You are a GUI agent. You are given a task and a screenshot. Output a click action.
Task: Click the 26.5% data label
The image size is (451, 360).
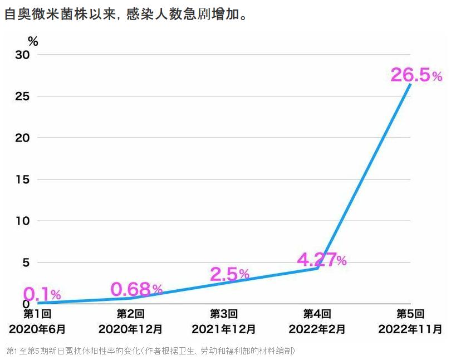(416, 75)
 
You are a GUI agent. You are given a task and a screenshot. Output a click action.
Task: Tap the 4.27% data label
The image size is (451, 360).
(321, 260)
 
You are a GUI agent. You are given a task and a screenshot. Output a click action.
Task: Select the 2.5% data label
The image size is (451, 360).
(229, 274)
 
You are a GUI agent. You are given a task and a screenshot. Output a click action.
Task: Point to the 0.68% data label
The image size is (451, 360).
(136, 289)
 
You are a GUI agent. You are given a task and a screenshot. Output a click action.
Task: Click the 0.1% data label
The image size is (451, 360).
(42, 294)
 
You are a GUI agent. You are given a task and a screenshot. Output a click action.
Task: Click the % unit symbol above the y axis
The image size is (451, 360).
(33, 41)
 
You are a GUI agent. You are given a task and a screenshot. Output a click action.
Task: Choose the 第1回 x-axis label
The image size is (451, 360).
(37, 314)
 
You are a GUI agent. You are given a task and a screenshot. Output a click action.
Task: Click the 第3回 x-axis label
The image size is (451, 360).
(224, 314)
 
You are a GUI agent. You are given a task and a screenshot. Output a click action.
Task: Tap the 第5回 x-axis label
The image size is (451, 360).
(410, 314)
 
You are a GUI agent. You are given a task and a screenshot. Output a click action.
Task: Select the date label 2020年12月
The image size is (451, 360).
(130, 329)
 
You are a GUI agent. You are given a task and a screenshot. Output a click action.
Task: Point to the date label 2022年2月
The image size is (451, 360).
(317, 329)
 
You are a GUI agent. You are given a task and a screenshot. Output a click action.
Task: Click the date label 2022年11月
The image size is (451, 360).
(410, 329)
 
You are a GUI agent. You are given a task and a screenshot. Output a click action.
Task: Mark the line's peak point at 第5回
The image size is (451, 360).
(410, 84)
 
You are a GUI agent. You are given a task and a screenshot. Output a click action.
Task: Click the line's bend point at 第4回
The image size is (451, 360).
(317, 268)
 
